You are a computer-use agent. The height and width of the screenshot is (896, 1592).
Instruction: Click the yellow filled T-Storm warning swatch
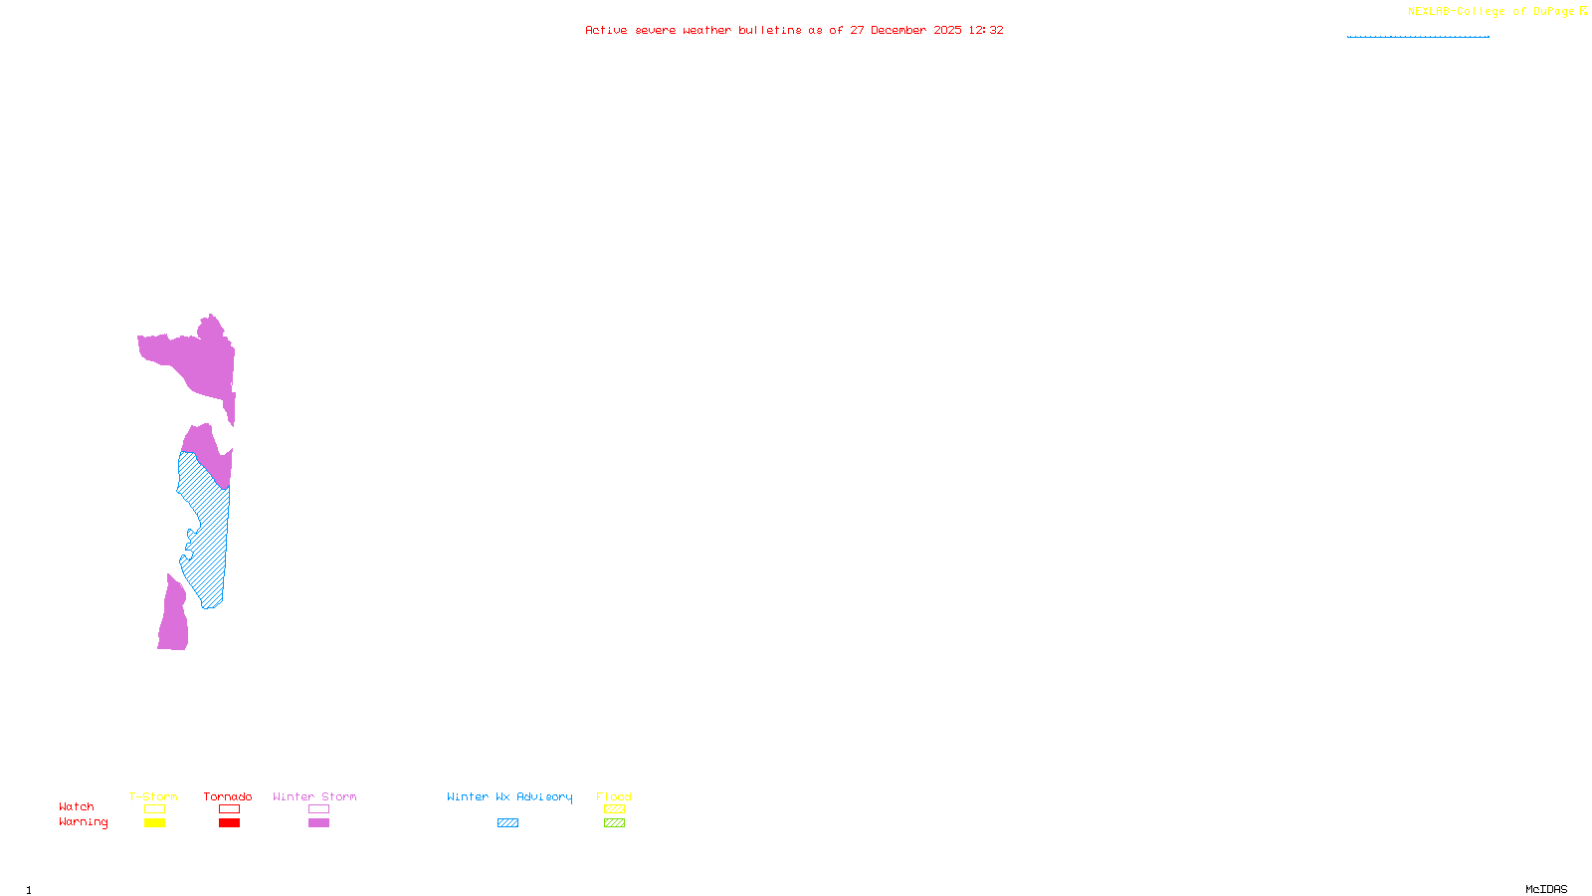[154, 823]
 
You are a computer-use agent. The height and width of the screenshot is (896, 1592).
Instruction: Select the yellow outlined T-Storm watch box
[154, 809]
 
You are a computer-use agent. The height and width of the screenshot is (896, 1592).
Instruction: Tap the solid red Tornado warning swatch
[229, 823]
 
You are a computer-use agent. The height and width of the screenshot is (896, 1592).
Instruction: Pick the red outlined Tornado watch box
[229, 809]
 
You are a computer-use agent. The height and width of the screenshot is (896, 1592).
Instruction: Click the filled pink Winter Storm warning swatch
[318, 823]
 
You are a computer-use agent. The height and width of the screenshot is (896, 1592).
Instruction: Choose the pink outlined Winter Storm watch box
[318, 809]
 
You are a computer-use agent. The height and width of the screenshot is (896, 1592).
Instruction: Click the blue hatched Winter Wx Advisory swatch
[507, 823]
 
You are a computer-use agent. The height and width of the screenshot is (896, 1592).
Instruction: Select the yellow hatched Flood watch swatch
[614, 809]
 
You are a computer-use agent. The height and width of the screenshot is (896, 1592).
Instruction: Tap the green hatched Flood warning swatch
[614, 823]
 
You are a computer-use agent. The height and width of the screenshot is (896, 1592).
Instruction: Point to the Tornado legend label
[228, 796]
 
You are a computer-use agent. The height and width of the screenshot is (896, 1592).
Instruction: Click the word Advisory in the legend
[544, 796]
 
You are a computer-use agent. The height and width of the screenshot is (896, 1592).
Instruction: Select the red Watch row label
[77, 807]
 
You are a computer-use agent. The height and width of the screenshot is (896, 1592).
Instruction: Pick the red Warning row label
[84, 822]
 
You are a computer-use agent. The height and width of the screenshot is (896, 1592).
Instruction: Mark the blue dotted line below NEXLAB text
[1418, 37]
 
